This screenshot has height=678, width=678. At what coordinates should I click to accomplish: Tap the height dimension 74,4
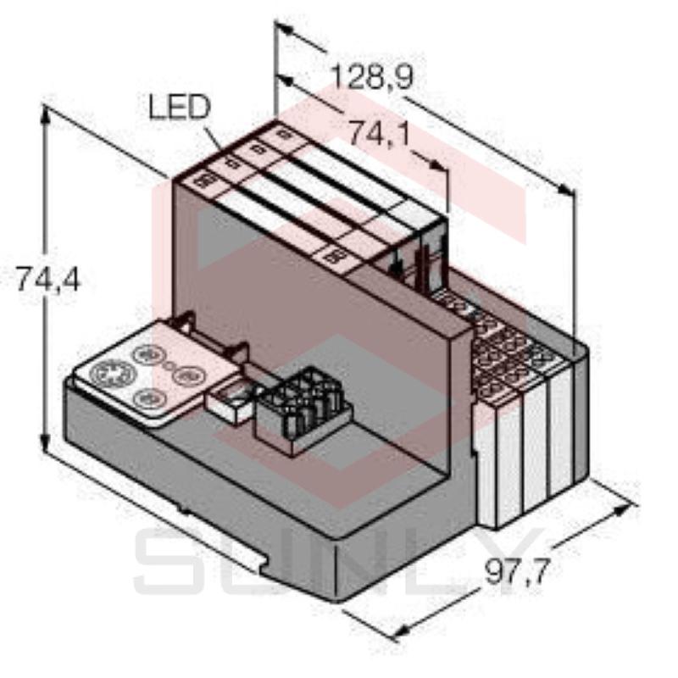point(47,278)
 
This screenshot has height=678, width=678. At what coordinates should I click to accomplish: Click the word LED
point(178,108)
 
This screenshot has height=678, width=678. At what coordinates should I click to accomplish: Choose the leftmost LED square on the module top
point(203,181)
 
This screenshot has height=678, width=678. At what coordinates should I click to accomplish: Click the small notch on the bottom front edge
point(181,509)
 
